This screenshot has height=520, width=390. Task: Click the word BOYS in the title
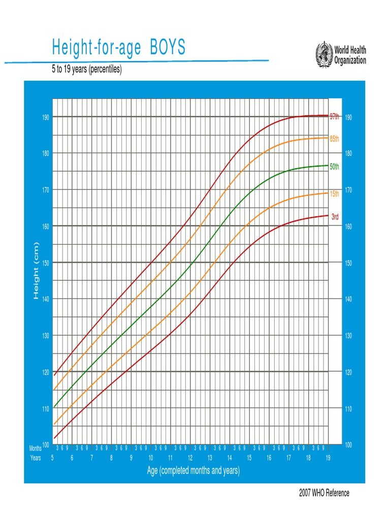(x=168, y=48)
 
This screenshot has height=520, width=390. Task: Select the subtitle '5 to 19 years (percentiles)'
(x=86, y=70)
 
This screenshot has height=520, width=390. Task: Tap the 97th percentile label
(x=334, y=116)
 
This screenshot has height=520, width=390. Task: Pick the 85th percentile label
(x=334, y=139)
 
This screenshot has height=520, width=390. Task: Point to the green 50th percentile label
(x=334, y=166)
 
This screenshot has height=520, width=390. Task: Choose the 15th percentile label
(x=334, y=193)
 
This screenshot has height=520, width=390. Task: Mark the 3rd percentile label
(x=335, y=217)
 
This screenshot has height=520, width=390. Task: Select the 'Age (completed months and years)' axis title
(x=193, y=471)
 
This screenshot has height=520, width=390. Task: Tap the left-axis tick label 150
(x=46, y=263)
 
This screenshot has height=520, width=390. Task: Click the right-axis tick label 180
(x=348, y=153)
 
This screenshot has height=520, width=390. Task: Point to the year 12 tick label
(x=190, y=458)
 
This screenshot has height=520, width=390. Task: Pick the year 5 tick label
(x=52, y=458)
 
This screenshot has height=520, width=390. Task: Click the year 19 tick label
(x=328, y=458)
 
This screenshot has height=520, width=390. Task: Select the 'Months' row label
(x=36, y=448)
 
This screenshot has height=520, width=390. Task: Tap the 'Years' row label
(x=36, y=458)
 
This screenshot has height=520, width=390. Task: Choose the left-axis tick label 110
(x=46, y=409)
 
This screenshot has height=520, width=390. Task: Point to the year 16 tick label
(x=269, y=458)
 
